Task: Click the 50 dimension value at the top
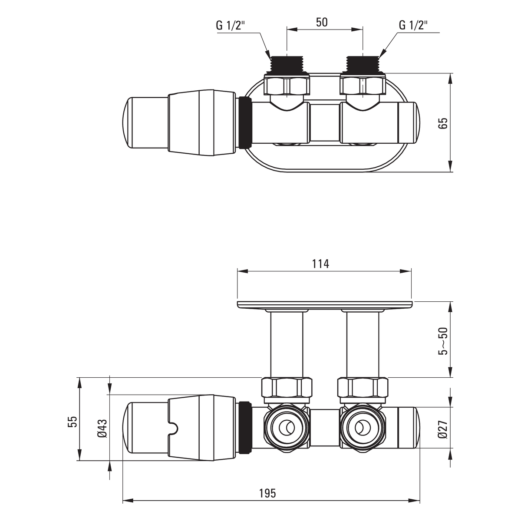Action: point(321,22)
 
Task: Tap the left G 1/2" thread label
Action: point(231,26)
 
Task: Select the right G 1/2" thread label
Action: point(413,26)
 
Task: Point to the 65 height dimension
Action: point(444,123)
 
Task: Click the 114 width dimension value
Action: point(321,264)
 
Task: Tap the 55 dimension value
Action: point(73,422)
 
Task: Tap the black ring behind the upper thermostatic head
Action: point(245,122)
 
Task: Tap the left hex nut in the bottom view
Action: point(287,387)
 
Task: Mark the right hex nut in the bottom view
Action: point(363,387)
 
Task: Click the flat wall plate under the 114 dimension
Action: point(324,305)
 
